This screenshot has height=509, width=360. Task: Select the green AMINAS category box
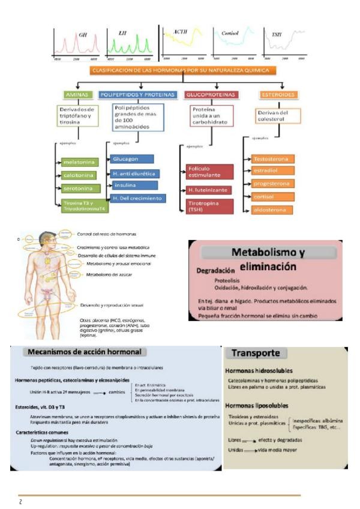click(x=77, y=95)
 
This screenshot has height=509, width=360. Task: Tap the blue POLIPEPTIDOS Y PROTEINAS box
click(x=137, y=95)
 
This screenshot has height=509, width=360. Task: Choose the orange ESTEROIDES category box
click(x=278, y=95)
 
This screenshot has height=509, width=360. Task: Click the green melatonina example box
click(x=79, y=162)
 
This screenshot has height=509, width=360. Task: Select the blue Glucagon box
click(x=131, y=159)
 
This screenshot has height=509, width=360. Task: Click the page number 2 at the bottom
click(x=20, y=501)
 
